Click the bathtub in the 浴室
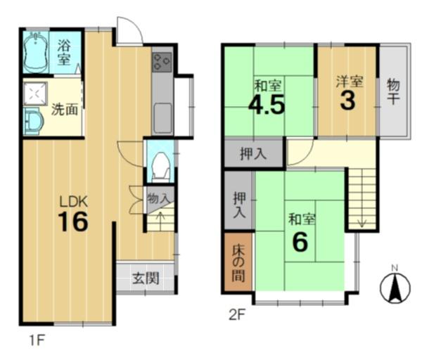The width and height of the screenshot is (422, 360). (x=36, y=51)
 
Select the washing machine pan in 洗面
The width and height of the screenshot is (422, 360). (x=36, y=94)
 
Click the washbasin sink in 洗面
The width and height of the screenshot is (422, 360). (x=34, y=122)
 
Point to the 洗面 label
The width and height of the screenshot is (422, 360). (x=65, y=109)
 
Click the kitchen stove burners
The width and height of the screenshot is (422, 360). (x=162, y=62)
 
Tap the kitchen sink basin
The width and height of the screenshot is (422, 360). (x=162, y=118)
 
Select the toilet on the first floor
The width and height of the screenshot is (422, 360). (x=161, y=167)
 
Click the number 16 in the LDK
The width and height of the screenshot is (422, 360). (x=73, y=221)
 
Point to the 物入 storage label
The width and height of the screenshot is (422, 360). (x=159, y=199)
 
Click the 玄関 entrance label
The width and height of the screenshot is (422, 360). (x=146, y=278)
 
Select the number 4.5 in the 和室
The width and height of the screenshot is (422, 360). (x=267, y=105)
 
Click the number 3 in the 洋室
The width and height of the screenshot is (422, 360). (x=347, y=101)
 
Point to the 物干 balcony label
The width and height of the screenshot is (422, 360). (x=393, y=92)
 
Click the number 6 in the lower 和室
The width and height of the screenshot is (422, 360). (x=300, y=242)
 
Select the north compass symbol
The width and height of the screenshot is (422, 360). (x=395, y=287)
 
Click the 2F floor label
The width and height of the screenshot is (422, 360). (x=236, y=315)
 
